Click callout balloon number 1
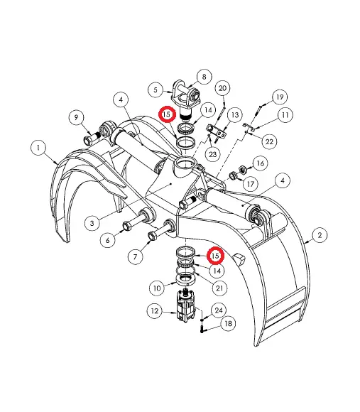click(38, 148)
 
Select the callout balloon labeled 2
click(320, 234)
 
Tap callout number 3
click(92, 223)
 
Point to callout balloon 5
click(156, 90)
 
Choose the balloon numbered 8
click(204, 77)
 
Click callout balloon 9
click(76, 117)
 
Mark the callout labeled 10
click(157, 288)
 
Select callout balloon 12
click(155, 311)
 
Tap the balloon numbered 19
click(280, 97)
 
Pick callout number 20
click(222, 88)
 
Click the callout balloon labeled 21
click(219, 288)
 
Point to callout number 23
click(212, 153)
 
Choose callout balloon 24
click(219, 310)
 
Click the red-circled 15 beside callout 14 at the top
click(167, 114)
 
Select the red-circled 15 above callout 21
click(215, 255)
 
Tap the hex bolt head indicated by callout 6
click(127, 225)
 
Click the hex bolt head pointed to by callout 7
click(152, 235)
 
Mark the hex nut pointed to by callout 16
click(243, 170)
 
